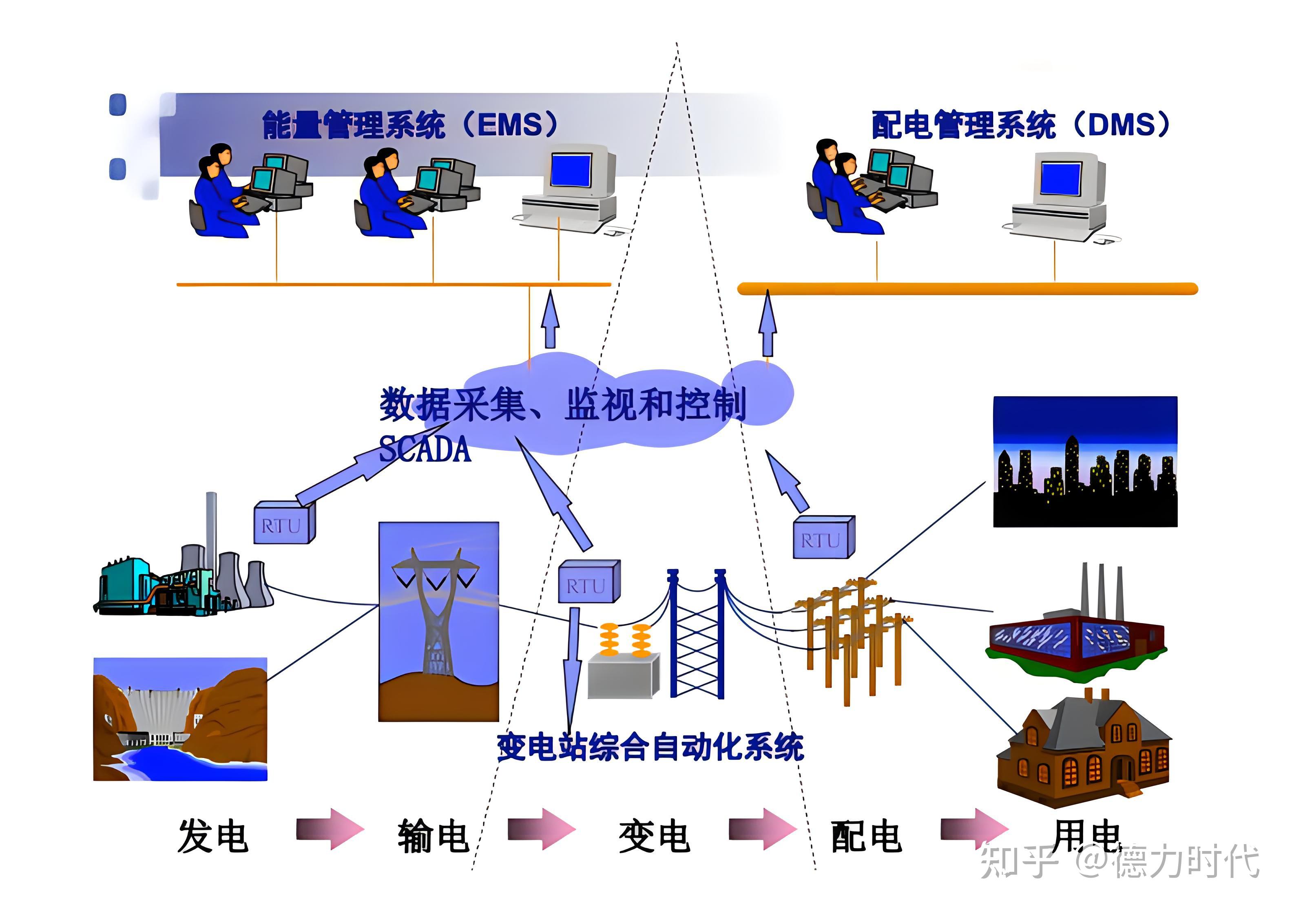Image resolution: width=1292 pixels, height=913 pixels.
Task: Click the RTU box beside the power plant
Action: pos(283,524)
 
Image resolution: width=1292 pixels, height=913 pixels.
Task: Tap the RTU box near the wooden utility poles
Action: pos(823,538)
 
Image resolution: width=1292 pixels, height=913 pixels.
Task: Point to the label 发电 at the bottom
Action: pos(213,836)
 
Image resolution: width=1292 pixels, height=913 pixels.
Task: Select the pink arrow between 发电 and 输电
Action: pos(331,829)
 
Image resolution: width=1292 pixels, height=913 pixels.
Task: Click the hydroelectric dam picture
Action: pos(180,719)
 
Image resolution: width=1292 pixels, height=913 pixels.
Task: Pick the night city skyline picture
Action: pos(1084,462)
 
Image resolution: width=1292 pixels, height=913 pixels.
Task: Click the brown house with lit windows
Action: pos(1083,748)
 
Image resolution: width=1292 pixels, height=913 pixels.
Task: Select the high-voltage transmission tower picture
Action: pos(438,621)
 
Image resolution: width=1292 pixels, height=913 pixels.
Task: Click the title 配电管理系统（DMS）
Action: pos(1020,125)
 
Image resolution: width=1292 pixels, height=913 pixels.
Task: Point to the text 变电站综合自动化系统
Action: pos(650,747)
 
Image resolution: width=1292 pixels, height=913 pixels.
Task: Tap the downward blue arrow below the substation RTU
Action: pos(572,664)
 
